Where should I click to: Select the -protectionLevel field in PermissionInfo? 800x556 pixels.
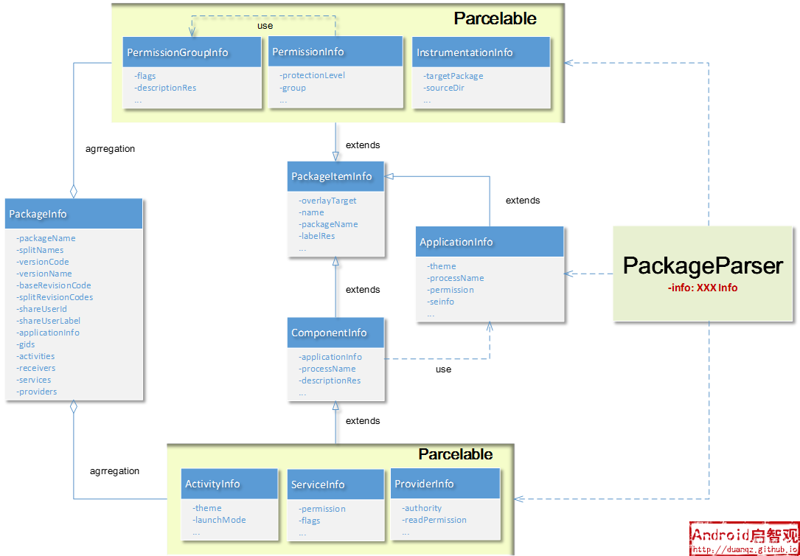point(312,75)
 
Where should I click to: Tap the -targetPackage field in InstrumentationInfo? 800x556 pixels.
point(453,76)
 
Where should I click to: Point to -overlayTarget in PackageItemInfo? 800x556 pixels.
point(327,201)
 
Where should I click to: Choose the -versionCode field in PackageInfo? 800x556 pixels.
point(42,262)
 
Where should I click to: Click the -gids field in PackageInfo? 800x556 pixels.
point(26,344)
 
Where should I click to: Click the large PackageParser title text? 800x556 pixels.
point(703,266)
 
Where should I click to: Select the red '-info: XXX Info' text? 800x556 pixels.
point(703,288)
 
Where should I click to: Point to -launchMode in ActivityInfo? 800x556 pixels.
point(220,520)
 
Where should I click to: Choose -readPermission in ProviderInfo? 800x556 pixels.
point(434,520)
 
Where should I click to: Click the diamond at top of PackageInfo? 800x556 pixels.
point(74,192)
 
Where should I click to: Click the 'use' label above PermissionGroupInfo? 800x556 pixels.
point(265,26)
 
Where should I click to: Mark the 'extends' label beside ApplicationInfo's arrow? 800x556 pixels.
point(523,201)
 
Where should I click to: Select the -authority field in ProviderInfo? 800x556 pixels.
point(422,508)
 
